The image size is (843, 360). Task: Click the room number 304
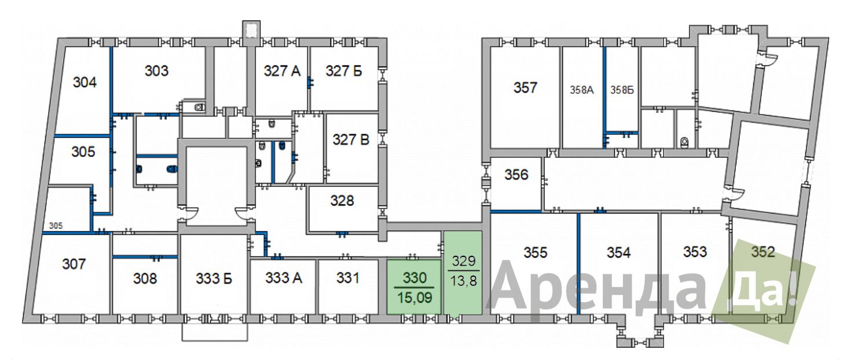tap(85, 82)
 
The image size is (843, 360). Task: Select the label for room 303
tap(156, 71)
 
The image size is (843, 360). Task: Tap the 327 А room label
tap(283, 71)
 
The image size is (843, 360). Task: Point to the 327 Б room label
tap(343, 71)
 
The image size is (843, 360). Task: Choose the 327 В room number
tap(351, 139)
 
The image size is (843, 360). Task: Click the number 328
tap(342, 201)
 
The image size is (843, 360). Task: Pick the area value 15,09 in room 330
tap(415, 298)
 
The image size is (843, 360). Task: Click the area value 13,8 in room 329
tap(463, 281)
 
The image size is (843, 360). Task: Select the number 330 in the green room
tap(415, 278)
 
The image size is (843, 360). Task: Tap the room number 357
tap(525, 88)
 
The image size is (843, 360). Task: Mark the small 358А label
tap(581, 90)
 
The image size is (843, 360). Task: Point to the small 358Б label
tap(622, 90)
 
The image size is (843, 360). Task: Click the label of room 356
tap(516, 175)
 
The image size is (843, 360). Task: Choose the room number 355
tap(535, 252)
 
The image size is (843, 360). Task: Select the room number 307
tap(74, 264)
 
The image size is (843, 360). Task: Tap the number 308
tap(145, 279)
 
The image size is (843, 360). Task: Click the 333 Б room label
tap(214, 279)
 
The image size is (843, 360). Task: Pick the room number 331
tap(348, 278)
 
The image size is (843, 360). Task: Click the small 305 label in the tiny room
tap(56, 226)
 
